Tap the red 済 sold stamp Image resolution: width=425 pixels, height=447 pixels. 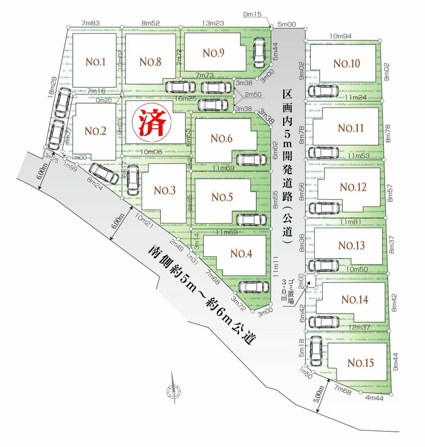(150, 123)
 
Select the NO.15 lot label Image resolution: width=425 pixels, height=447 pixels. (360, 363)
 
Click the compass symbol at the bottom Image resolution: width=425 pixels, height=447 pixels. (173, 390)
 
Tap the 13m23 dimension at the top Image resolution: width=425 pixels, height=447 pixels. (211, 24)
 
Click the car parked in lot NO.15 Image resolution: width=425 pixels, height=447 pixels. (315, 351)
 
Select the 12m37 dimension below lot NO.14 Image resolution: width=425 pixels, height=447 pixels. (359, 327)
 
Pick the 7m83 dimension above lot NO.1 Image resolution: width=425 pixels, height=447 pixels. (90, 24)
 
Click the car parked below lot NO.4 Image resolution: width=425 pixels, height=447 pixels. (254, 287)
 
